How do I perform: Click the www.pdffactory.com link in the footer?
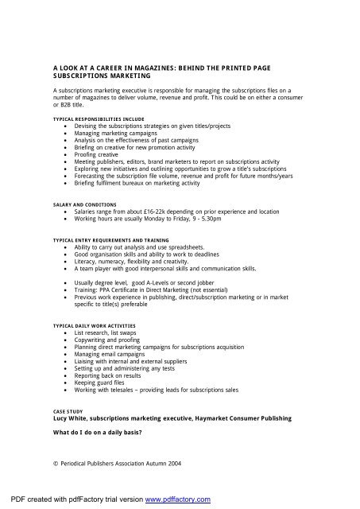click(x=172, y=499)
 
